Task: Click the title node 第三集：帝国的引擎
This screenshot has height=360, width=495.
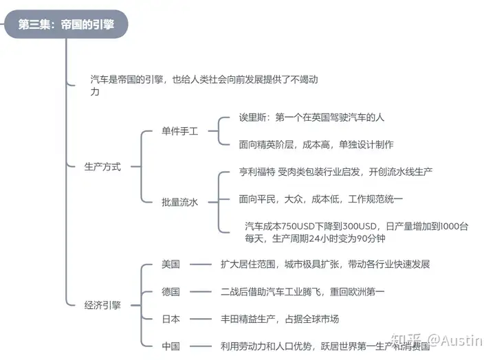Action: coord(66,24)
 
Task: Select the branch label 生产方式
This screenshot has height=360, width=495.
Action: coord(102,166)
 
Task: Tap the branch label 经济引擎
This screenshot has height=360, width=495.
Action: coord(102,305)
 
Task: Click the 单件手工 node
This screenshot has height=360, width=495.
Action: coord(179,131)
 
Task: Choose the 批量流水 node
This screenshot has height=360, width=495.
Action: coord(179,202)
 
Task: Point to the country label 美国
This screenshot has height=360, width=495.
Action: coord(170,264)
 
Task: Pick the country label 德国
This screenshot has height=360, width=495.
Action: coord(170,291)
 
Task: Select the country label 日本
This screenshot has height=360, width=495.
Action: coord(170,319)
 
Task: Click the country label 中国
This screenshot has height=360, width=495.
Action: coord(170,346)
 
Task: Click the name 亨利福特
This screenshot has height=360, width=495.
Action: coord(257,172)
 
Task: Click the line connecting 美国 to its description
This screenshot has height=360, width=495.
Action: coord(201,265)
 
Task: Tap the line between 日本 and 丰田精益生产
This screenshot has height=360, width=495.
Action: coord(201,319)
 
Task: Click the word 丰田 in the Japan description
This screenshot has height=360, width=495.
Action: coord(230,319)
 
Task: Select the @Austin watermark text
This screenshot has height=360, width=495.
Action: coord(455,341)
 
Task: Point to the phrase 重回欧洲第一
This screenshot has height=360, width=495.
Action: coord(357,291)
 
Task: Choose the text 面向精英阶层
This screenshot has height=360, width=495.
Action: coord(266,144)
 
